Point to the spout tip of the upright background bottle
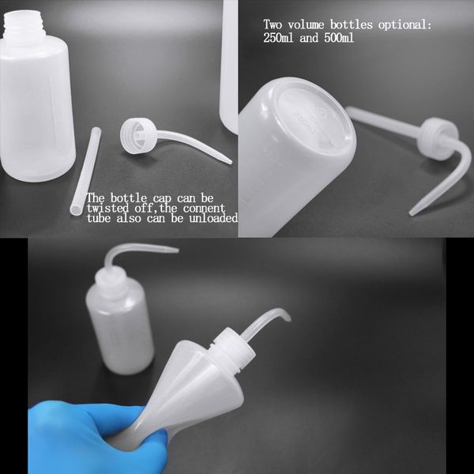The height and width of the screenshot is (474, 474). (x=175, y=251)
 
